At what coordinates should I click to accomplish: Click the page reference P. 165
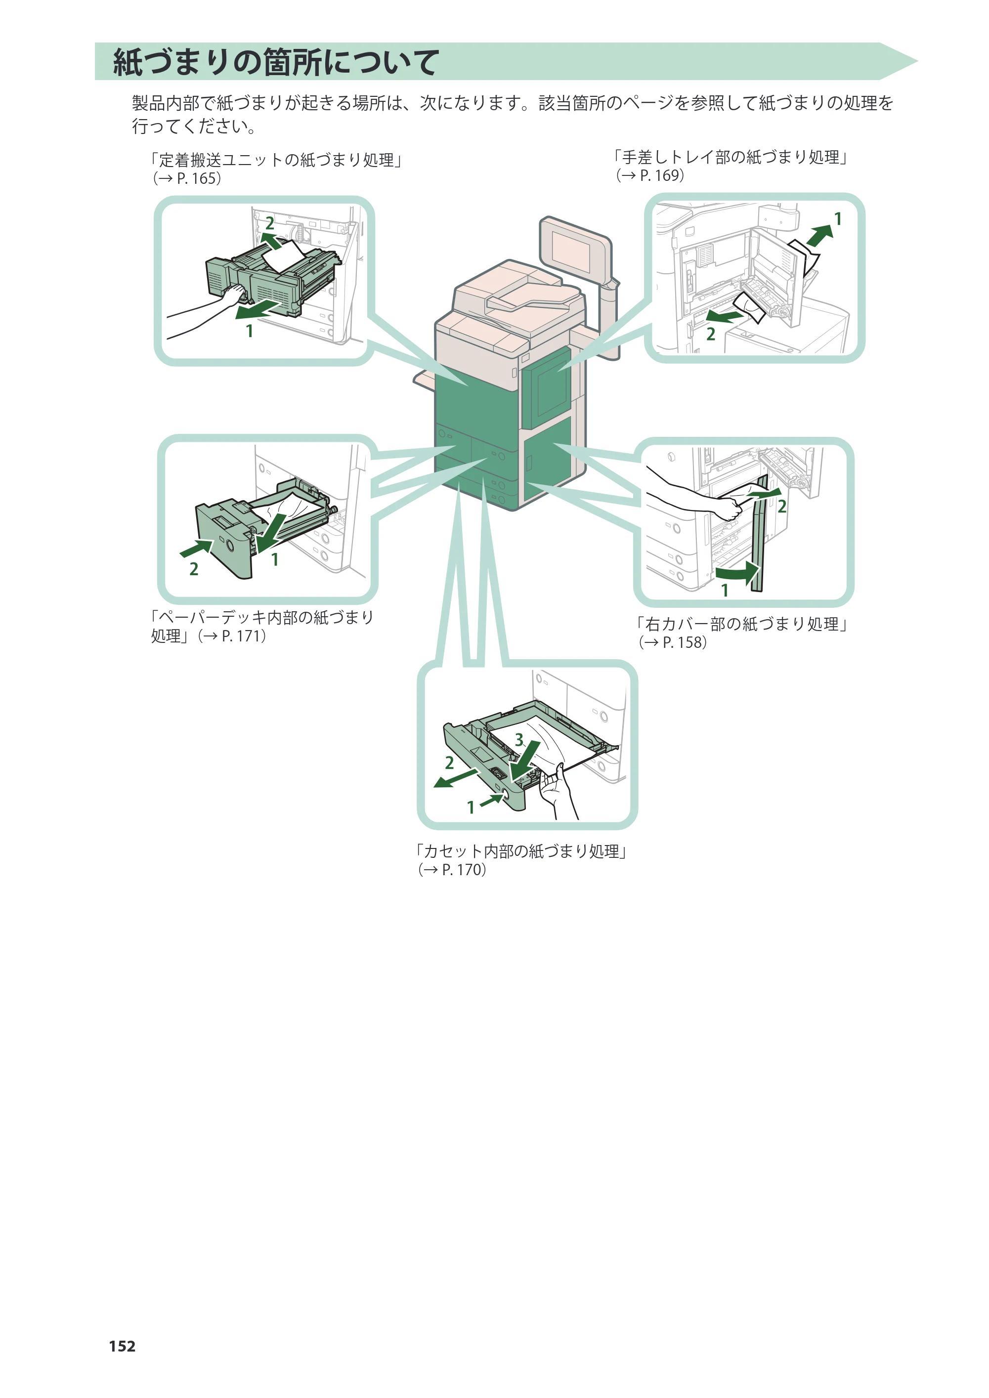(197, 178)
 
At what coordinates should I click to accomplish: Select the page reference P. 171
(242, 636)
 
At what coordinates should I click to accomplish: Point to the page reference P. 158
(683, 642)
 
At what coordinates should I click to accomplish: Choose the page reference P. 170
(462, 870)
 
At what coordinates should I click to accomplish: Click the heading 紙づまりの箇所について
(276, 62)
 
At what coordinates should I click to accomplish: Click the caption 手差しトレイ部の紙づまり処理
(731, 157)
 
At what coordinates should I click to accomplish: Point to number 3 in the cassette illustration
(519, 739)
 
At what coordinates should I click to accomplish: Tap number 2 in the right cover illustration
(782, 506)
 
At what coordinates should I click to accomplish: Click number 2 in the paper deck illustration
(194, 569)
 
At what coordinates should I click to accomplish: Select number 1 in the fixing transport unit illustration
(249, 331)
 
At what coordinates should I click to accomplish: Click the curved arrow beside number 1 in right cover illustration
(737, 572)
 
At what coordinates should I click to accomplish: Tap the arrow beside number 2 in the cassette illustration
(456, 777)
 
